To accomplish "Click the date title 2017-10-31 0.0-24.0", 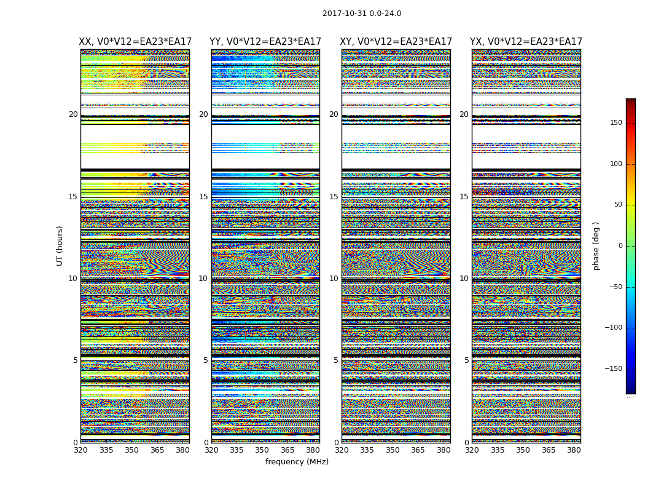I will pos(362,14).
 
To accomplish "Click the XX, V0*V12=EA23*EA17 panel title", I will pos(135,42).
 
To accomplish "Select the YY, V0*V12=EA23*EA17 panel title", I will pos(265,42).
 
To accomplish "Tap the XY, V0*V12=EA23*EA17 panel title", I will pos(396,42).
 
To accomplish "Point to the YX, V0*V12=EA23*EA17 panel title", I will pos(526,42).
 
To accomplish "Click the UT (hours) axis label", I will pos(60,245).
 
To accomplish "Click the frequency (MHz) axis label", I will pos(297,462).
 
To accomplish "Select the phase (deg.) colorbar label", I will pos(596,245).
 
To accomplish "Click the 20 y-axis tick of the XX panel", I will pos(73,114).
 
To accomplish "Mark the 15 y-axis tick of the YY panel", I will pos(203,197).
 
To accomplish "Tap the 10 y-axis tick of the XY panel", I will pos(334,279).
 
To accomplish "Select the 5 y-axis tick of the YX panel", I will pos(466,360).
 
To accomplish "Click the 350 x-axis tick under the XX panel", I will pos(131,450).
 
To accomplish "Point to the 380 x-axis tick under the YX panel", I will pos(574,450).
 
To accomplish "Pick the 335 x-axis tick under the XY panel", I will pos(367,450).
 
